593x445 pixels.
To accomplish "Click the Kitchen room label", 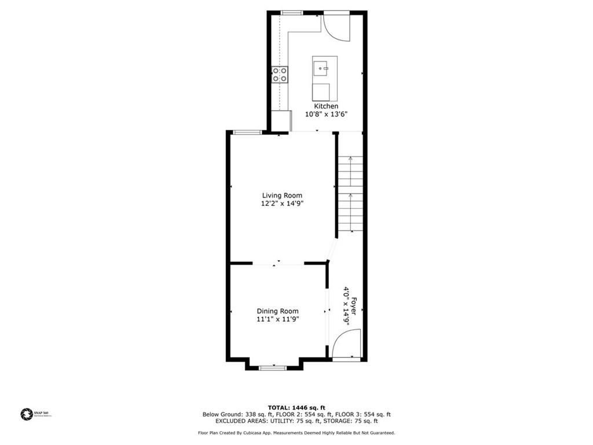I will click(326, 107).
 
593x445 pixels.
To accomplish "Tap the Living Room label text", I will click(282, 195).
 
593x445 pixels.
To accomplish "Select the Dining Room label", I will click(278, 311).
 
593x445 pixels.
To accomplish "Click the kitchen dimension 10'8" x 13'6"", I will click(326, 115).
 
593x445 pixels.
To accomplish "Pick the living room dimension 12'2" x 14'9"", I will click(282, 203).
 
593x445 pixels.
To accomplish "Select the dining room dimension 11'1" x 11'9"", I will click(278, 319).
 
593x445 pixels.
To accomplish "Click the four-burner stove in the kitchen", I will click(280, 75).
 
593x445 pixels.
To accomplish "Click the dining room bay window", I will click(272, 367).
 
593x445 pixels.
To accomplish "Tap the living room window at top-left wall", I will click(247, 133).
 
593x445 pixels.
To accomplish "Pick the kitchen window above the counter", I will click(291, 12).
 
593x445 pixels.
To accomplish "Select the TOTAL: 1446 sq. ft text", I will click(296, 407).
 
